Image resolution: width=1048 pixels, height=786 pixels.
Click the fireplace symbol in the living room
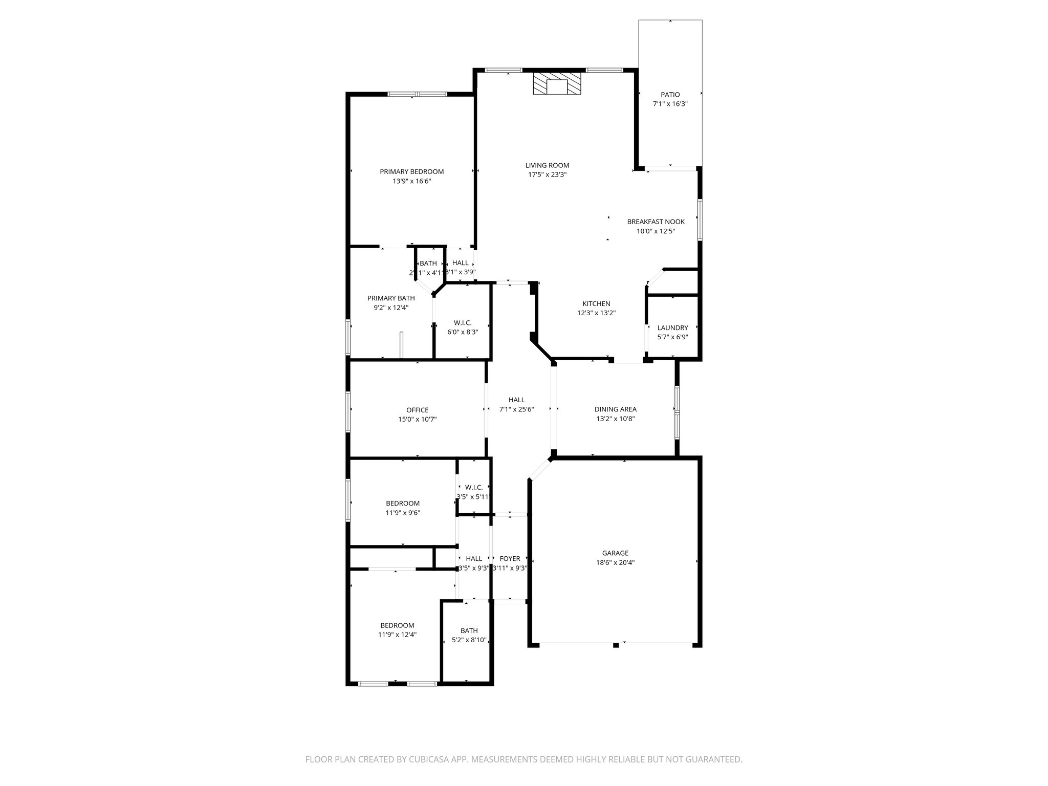click(x=557, y=83)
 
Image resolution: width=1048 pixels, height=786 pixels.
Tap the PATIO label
click(x=670, y=95)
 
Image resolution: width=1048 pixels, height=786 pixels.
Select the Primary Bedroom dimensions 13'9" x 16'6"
click(x=411, y=181)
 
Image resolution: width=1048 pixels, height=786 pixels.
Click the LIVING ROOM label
click(x=547, y=165)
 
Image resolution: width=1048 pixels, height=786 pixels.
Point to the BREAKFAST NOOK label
click(x=656, y=222)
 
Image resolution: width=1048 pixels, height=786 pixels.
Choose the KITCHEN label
click(x=596, y=303)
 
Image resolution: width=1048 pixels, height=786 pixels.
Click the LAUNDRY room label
click(x=672, y=327)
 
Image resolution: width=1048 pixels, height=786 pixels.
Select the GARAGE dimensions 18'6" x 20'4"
click(x=615, y=562)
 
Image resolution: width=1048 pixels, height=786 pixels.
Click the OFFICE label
click(x=417, y=410)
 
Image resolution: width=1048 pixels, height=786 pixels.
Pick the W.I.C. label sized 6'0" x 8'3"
click(x=463, y=323)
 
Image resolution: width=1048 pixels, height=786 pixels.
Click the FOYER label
click(x=510, y=559)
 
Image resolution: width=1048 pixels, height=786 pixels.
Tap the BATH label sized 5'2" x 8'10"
click(x=469, y=630)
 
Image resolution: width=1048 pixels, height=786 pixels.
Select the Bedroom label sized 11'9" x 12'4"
click(x=397, y=625)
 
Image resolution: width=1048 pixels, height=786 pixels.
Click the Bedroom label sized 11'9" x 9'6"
click(x=403, y=503)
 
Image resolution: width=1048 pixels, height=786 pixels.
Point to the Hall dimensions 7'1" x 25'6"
click(x=516, y=409)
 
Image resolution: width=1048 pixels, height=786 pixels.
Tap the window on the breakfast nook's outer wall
click(x=700, y=220)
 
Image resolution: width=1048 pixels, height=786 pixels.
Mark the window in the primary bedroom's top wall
click(x=417, y=94)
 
